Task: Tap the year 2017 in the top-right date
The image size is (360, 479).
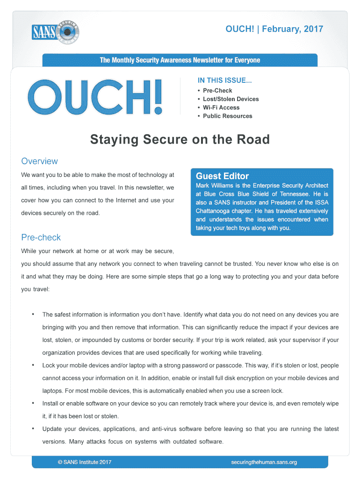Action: click(x=313, y=29)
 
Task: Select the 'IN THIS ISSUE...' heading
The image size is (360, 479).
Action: click(x=224, y=80)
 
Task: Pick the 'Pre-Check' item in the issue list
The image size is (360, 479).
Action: click(x=217, y=91)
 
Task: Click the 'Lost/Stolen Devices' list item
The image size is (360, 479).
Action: click(x=230, y=99)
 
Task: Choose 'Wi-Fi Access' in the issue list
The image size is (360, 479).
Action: click(x=221, y=108)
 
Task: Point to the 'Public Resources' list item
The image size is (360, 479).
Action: click(x=227, y=116)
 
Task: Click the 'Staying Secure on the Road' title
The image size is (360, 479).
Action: click(x=180, y=139)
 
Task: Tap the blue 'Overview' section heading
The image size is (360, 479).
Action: click(x=40, y=161)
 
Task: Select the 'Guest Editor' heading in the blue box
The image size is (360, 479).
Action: click(x=222, y=176)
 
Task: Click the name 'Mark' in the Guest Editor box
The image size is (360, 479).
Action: click(x=203, y=186)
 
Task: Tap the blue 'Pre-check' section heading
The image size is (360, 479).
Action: click(x=41, y=237)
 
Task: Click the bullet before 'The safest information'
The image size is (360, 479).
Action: click(x=33, y=314)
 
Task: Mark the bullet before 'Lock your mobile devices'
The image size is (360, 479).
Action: click(x=33, y=364)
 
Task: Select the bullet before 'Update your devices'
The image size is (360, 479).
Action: click(x=33, y=428)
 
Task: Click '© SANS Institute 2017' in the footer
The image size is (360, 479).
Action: click(x=85, y=463)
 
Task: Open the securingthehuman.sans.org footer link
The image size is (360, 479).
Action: click(x=264, y=463)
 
